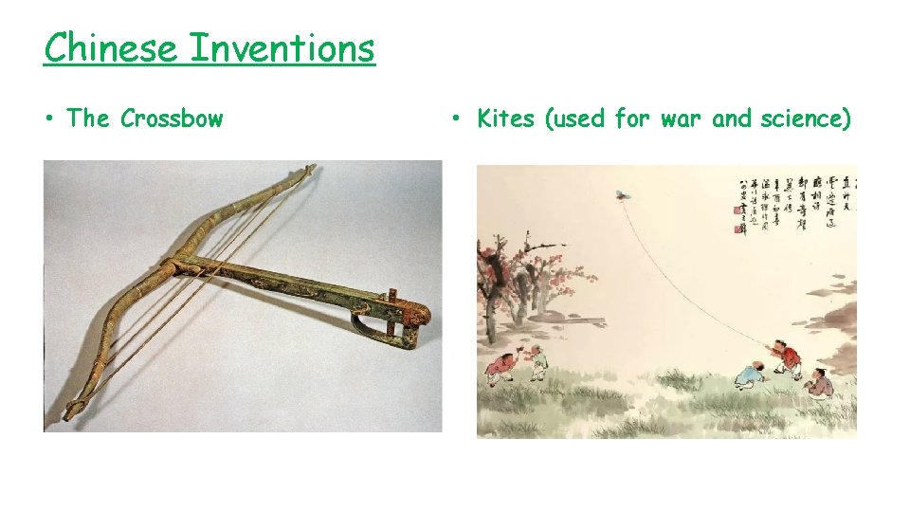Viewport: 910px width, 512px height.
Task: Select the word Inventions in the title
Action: pyautogui.click(x=282, y=47)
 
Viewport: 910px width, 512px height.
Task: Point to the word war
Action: pyautogui.click(x=682, y=119)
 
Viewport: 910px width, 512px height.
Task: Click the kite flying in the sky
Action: pyautogui.click(x=624, y=195)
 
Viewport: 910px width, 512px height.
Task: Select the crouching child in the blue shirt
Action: pyautogui.click(x=750, y=374)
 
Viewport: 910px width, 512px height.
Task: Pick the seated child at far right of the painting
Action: pyautogui.click(x=819, y=381)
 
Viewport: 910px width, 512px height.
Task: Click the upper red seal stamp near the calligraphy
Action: pyautogui.click(x=740, y=208)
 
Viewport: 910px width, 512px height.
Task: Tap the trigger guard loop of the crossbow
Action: pyautogui.click(x=370, y=328)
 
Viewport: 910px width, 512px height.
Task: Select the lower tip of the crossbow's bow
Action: pyautogui.click(x=71, y=412)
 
